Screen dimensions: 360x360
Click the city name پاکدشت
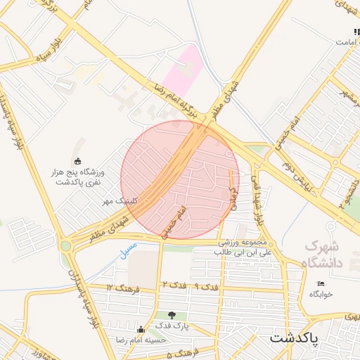[x=294, y=337]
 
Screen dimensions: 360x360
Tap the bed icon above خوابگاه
[x=321, y=283]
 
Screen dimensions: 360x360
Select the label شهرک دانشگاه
[x=321, y=255]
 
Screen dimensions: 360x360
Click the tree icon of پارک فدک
[x=172, y=314]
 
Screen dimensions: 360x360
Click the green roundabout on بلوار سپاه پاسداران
[x=65, y=245]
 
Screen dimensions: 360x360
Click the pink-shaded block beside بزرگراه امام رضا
[x=185, y=67]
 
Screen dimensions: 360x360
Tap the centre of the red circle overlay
[x=180, y=180]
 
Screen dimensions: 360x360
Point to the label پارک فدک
[x=172, y=326]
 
